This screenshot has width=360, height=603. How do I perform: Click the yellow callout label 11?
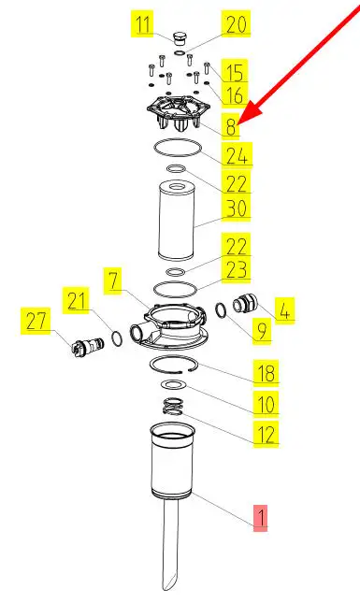(x=143, y=24)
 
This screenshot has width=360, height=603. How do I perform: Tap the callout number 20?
(x=236, y=23)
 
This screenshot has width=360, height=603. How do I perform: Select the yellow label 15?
(x=234, y=72)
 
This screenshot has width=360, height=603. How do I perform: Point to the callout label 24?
(x=237, y=155)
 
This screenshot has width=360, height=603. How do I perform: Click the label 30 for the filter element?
(x=236, y=208)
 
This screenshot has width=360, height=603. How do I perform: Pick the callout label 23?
(x=236, y=269)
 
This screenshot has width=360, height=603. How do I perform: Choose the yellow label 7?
(x=112, y=280)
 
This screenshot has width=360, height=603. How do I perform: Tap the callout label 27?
(x=36, y=321)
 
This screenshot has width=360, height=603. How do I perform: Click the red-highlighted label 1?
(x=260, y=518)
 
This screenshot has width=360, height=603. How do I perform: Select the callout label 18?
(x=266, y=372)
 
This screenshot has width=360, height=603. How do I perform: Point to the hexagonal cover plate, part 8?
(x=179, y=111)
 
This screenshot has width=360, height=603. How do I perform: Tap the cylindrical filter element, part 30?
(x=177, y=222)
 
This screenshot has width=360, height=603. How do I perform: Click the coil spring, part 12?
(x=173, y=407)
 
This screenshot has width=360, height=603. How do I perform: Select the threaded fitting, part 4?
(x=244, y=304)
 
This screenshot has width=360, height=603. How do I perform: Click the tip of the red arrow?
(x=239, y=123)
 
